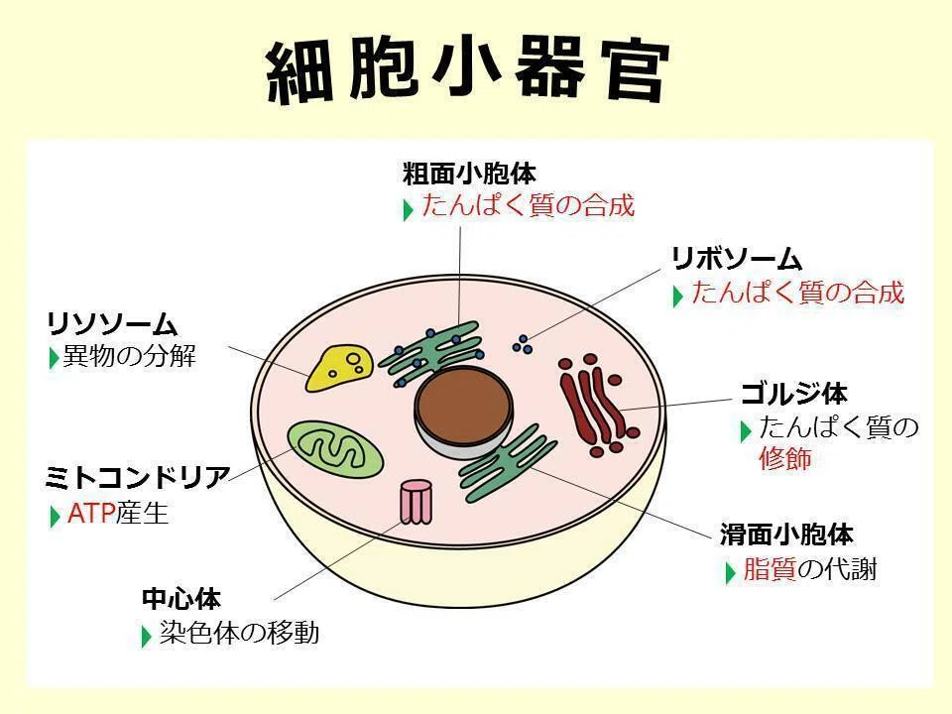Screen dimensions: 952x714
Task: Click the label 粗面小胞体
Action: (x=469, y=174)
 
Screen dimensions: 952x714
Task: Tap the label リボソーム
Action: (x=737, y=259)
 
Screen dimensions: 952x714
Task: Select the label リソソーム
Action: (x=112, y=323)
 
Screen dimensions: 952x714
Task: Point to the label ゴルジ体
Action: (x=793, y=394)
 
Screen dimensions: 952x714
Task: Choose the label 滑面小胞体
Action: (x=786, y=535)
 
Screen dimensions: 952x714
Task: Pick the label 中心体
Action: (x=180, y=599)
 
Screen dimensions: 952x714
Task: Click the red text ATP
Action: (x=91, y=514)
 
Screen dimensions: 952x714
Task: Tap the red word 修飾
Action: (x=785, y=458)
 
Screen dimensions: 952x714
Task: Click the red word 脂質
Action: (x=770, y=569)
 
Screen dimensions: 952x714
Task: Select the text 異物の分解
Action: (x=130, y=356)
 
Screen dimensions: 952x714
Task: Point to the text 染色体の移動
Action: (x=239, y=633)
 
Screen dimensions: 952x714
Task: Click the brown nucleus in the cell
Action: (x=464, y=405)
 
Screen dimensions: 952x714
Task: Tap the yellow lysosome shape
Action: (x=338, y=368)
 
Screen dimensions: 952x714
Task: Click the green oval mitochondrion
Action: (x=334, y=450)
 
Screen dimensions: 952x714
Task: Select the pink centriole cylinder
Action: (x=416, y=502)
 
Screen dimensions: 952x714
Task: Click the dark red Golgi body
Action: (x=597, y=406)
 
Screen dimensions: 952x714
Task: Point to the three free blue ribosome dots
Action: (x=523, y=344)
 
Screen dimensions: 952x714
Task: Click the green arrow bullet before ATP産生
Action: (x=55, y=516)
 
